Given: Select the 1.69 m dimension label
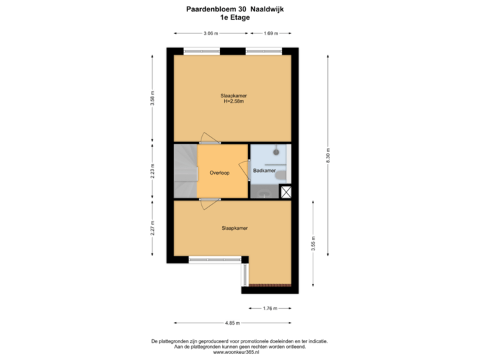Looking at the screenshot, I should point(271,32).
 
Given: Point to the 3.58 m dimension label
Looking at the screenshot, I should point(153,99).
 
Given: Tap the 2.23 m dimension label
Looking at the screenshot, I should point(153,171).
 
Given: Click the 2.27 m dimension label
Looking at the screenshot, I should point(153,229).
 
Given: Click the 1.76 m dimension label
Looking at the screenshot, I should point(269,308).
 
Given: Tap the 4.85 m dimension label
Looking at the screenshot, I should point(232,323).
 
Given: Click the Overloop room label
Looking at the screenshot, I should point(219,173).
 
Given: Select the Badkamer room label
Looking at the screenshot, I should point(265,171).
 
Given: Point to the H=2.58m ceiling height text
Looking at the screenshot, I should point(233,101).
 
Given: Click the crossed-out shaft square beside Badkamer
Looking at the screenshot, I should point(286,192).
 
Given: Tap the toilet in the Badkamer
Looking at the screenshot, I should point(284,175).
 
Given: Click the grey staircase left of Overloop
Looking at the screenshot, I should point(186,171).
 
